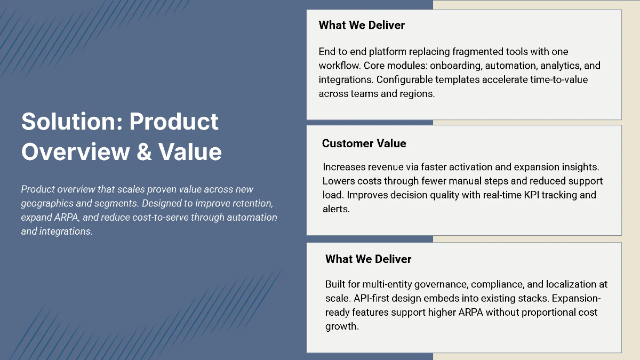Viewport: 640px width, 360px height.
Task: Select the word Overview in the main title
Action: (75, 151)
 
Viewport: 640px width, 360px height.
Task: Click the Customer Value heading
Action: (364, 143)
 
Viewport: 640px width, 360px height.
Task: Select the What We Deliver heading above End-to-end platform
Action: (362, 25)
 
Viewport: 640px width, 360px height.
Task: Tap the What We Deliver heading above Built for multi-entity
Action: (368, 259)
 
